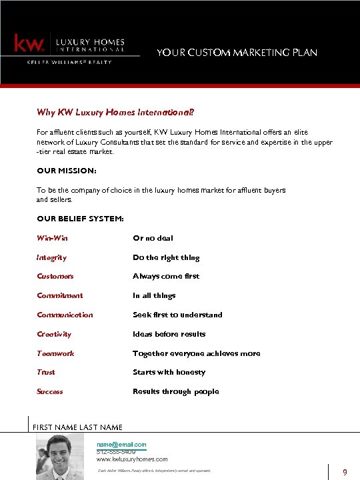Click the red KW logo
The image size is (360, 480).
pos(29,44)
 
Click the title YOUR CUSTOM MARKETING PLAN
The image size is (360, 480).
pos(237,53)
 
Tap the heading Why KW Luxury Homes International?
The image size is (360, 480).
pos(106,112)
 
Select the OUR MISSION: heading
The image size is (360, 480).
pos(67,171)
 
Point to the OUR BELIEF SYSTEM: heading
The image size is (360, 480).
pos(80,219)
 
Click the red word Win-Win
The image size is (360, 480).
pos(52,238)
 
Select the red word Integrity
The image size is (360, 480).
pos(51,257)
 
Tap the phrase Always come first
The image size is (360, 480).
pos(166,276)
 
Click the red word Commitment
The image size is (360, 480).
pos(60,295)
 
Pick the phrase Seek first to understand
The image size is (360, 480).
pos(177,315)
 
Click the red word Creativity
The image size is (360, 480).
pos(54,334)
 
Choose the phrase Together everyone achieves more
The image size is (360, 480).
pos(196,353)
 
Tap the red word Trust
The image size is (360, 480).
pos(46,372)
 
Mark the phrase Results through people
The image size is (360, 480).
pos(175,391)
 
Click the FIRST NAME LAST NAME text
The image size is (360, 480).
pos(77,427)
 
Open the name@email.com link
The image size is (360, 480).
pos(121,444)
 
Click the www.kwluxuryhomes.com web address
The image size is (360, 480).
pos(132,459)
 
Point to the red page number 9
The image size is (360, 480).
pos(345,472)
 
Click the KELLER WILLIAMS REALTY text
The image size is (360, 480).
pos(69,62)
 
